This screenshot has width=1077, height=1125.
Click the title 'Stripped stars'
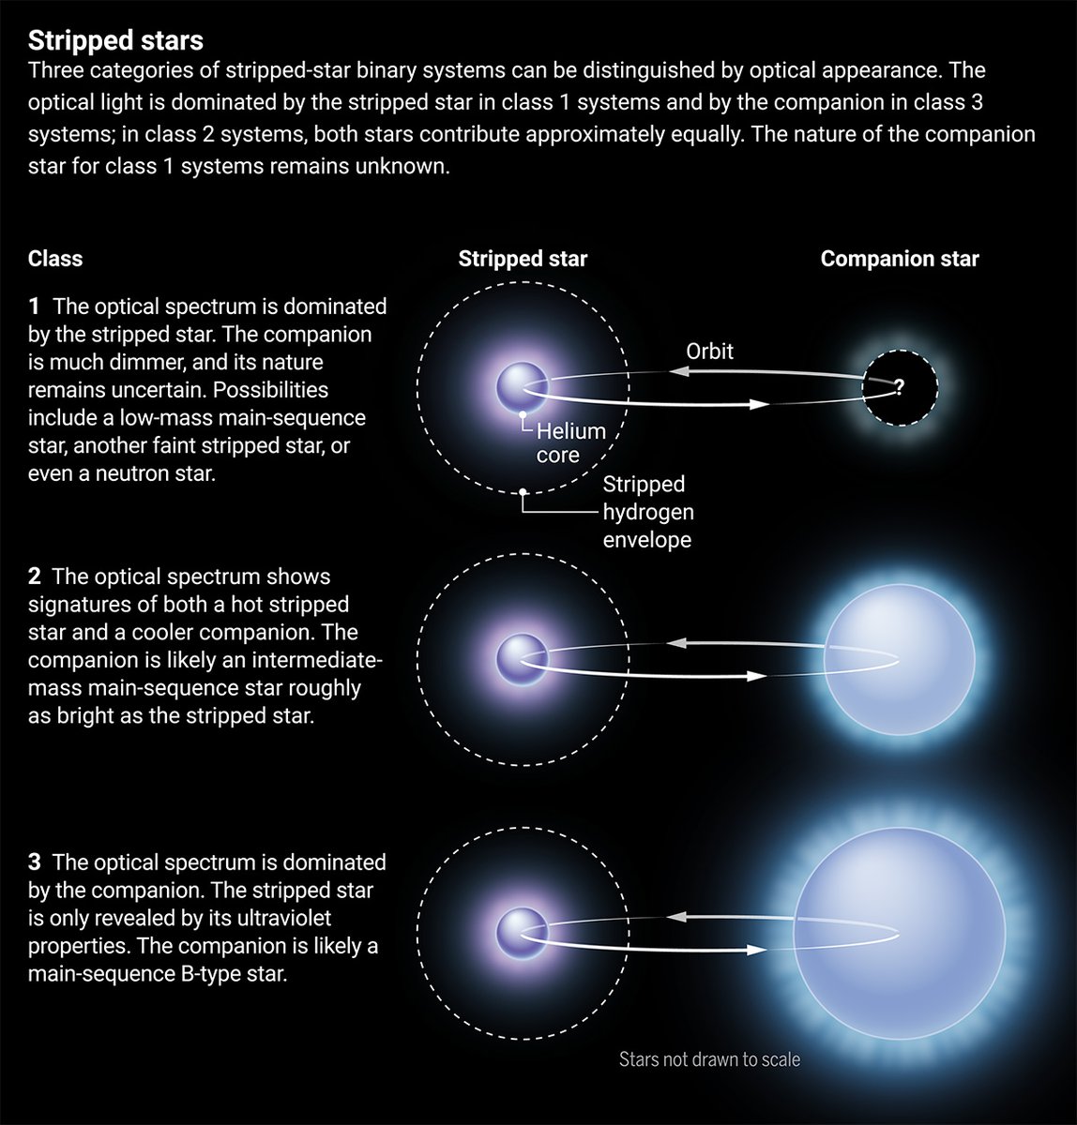coord(115,40)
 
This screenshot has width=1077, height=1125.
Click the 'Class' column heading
coord(55,260)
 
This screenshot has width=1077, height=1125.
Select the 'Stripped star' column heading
coord(523,260)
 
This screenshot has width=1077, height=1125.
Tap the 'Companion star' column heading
coord(899,260)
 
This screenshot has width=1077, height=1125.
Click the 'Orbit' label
coord(709,352)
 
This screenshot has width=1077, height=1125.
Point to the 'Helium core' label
coord(569,443)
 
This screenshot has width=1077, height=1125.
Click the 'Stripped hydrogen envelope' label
coord(647,512)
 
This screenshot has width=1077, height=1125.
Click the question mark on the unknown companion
coord(899,386)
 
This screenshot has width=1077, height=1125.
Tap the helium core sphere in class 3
coord(522,933)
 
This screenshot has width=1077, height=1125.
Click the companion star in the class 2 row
coord(899,660)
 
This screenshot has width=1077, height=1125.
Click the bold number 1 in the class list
coord(35,307)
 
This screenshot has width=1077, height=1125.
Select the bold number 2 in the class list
coord(35,577)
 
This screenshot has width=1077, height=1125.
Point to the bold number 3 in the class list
coord(35,862)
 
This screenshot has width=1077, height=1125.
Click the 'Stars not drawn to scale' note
coord(709,1060)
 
